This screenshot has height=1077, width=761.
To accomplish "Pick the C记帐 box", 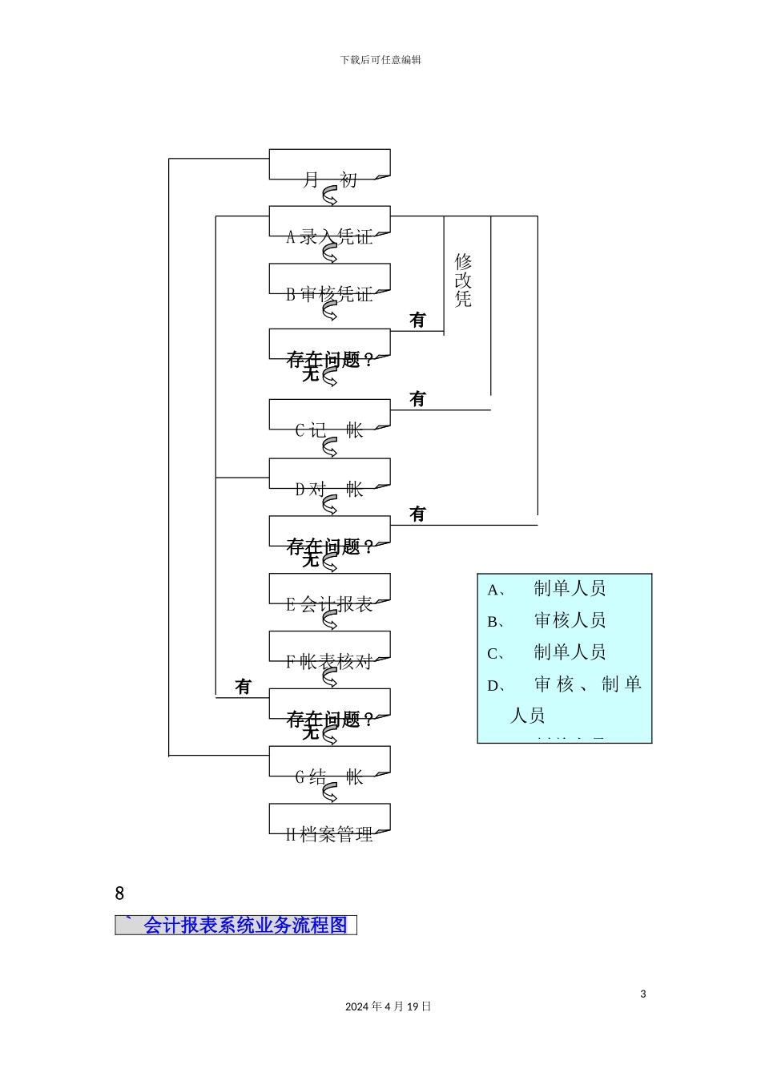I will click(x=329, y=417).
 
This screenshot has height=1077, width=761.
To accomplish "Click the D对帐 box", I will click(x=329, y=475).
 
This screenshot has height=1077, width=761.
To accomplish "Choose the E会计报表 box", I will click(x=329, y=591).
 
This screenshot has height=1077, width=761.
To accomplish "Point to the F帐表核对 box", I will click(x=329, y=648).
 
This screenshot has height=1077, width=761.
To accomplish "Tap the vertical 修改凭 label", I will click(x=463, y=280).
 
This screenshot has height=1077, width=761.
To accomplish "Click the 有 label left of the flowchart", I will click(x=243, y=687).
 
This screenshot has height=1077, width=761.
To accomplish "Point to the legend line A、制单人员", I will click(x=547, y=589).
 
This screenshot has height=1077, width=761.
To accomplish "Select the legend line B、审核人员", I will click(x=547, y=620).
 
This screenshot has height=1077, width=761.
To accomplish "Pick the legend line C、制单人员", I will click(x=547, y=652).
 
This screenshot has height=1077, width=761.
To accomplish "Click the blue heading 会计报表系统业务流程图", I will click(x=244, y=925).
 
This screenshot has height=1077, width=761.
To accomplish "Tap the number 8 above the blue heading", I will click(x=119, y=893).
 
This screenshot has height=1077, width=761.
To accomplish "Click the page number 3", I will click(x=642, y=994).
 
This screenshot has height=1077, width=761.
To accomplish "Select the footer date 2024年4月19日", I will click(x=389, y=1006).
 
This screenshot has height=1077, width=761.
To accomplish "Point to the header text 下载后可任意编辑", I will click(x=380, y=60).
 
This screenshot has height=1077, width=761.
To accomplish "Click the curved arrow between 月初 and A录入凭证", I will click(x=329, y=196).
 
